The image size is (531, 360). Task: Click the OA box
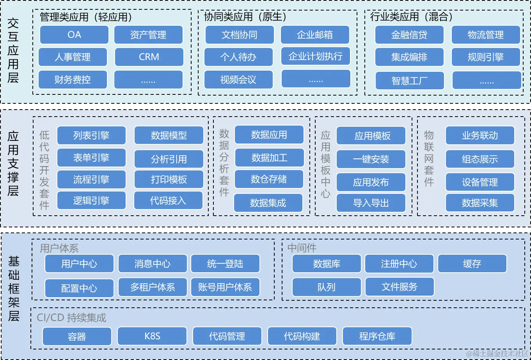[x=74, y=35]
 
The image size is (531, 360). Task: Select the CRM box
[x=149, y=57]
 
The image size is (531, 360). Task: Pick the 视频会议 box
[x=238, y=80]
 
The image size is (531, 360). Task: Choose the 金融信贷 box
[x=409, y=35]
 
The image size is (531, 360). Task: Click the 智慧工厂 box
[x=409, y=81]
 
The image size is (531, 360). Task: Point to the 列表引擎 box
[x=91, y=135]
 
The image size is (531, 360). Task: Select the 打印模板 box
[x=169, y=179]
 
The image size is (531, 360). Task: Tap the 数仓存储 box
[x=269, y=179]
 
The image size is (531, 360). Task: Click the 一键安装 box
[x=371, y=159]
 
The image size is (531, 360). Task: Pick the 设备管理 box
[x=479, y=182]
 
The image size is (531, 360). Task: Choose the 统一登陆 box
[x=225, y=264]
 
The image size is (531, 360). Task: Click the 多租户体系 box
[x=153, y=287]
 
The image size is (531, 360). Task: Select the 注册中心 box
[x=399, y=264]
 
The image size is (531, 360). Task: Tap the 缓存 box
[x=472, y=264]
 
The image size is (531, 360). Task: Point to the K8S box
[x=152, y=336]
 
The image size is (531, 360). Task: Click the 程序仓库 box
[x=377, y=336]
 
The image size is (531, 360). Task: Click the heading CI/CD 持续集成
[x=71, y=317]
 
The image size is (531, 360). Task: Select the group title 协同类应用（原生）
[x=245, y=17]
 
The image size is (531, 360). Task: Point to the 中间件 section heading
[x=302, y=248]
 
